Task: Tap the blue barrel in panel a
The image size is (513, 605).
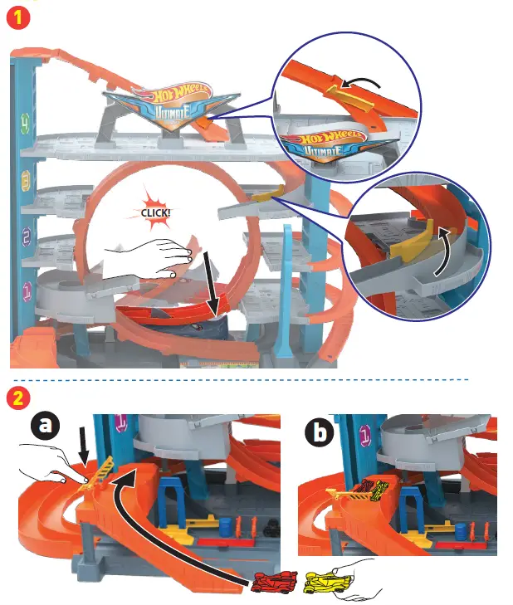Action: click(224, 526)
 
